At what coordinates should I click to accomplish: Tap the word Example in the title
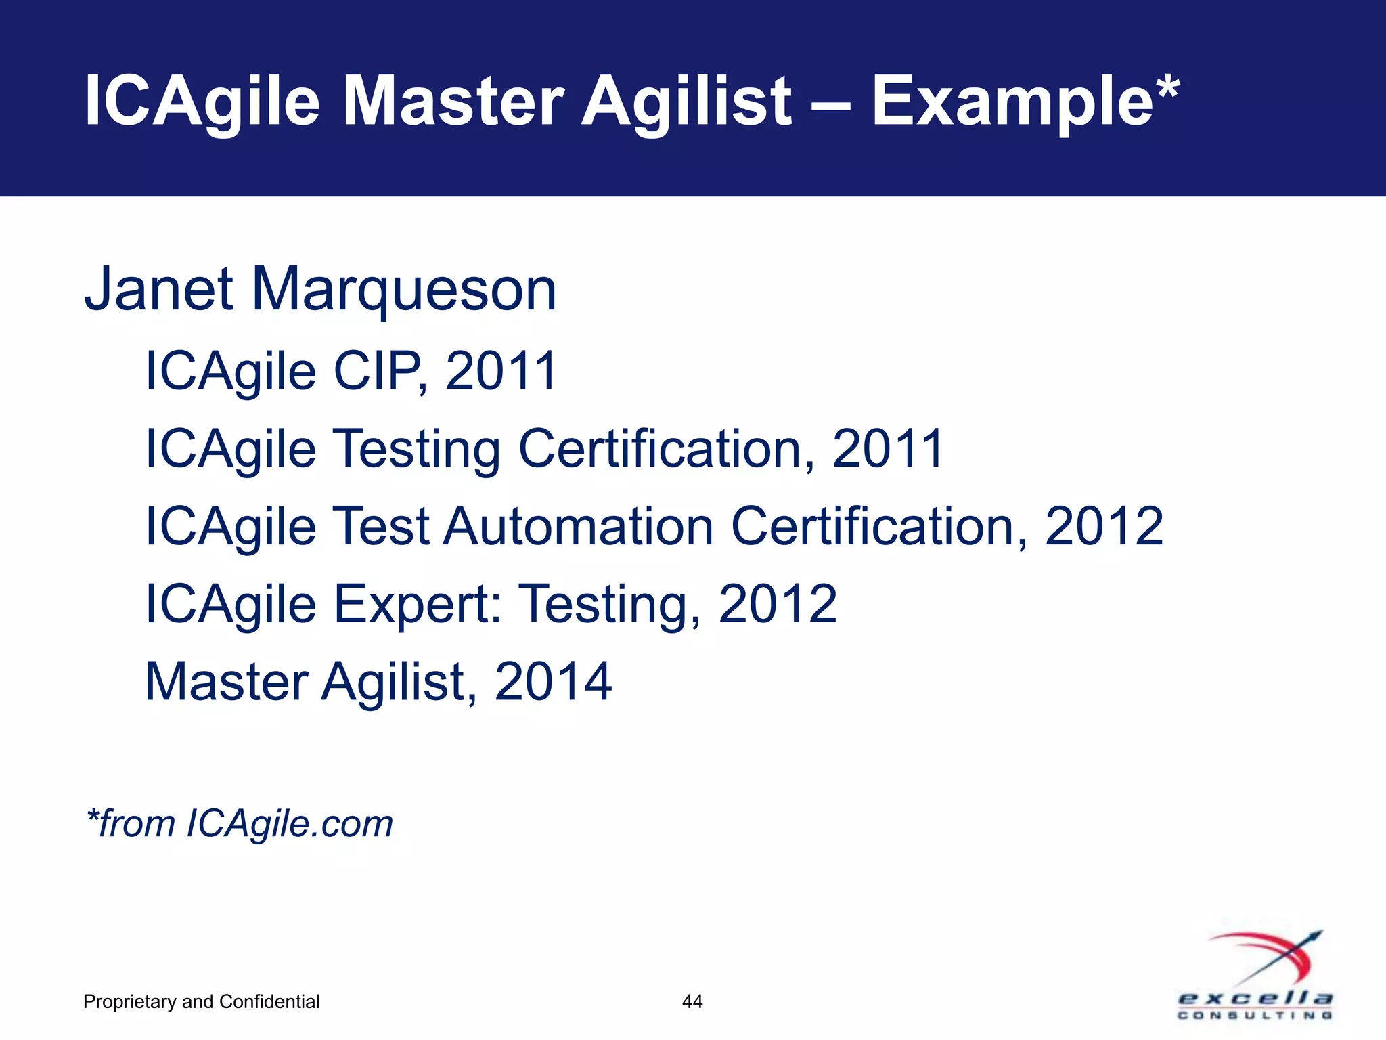1012,102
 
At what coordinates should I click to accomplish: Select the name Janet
158,289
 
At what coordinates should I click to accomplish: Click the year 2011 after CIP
501,371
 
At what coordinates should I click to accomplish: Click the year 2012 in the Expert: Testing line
777,604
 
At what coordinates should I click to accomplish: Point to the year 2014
553,681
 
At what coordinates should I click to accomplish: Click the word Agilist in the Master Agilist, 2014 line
393,682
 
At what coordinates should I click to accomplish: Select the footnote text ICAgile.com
289,824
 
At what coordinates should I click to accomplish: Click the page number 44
692,1001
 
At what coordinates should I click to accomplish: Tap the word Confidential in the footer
269,1001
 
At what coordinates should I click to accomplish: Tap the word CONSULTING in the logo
1255,1015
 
